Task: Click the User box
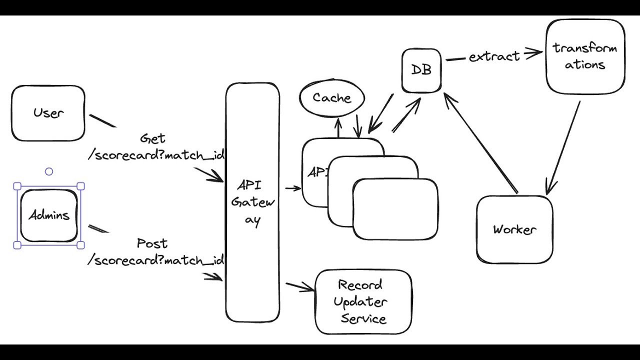(x=48, y=113)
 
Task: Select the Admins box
(x=48, y=215)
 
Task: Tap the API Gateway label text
(x=253, y=203)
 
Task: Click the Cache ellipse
(x=332, y=98)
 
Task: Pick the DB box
(x=421, y=70)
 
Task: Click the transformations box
(x=585, y=56)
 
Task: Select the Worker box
(x=514, y=229)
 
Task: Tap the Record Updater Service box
(x=363, y=302)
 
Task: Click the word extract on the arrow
(x=494, y=56)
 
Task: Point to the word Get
(x=152, y=138)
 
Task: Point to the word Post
(x=152, y=244)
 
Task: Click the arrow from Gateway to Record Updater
(x=300, y=287)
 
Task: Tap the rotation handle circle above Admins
(x=49, y=172)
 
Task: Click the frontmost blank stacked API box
(x=395, y=209)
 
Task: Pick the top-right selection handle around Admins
(x=80, y=186)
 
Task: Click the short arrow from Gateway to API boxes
(x=293, y=188)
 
